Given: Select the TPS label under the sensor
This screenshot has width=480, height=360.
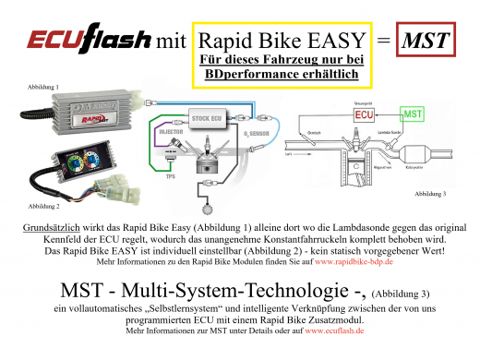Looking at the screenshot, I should (171, 181).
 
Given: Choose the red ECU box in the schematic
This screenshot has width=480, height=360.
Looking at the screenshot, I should (360, 116).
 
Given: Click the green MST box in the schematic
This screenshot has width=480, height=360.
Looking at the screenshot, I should (414, 116).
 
